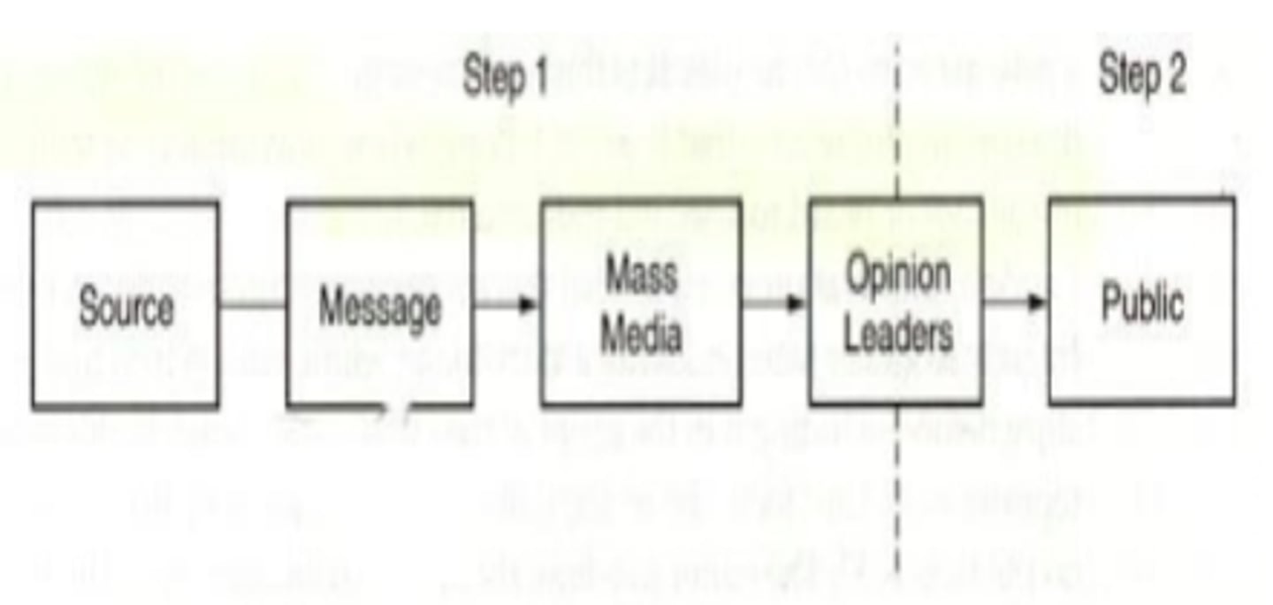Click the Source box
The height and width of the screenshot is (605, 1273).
[126, 305]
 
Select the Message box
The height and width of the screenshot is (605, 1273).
[379, 305]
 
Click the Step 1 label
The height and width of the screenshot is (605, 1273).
[506, 78]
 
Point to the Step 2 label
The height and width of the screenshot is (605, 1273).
[1142, 74]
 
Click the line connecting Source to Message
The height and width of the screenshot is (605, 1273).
[253, 306]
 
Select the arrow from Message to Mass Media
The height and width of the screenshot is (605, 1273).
[507, 305]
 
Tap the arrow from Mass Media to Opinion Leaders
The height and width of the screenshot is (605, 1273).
[774, 303]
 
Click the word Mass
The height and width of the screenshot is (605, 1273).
[641, 275]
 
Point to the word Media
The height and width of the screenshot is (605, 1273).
[641, 334]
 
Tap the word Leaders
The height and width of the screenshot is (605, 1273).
[898, 334]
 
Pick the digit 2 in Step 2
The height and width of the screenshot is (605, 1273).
[1174, 74]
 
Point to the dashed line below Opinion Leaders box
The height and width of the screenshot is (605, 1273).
[897, 495]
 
